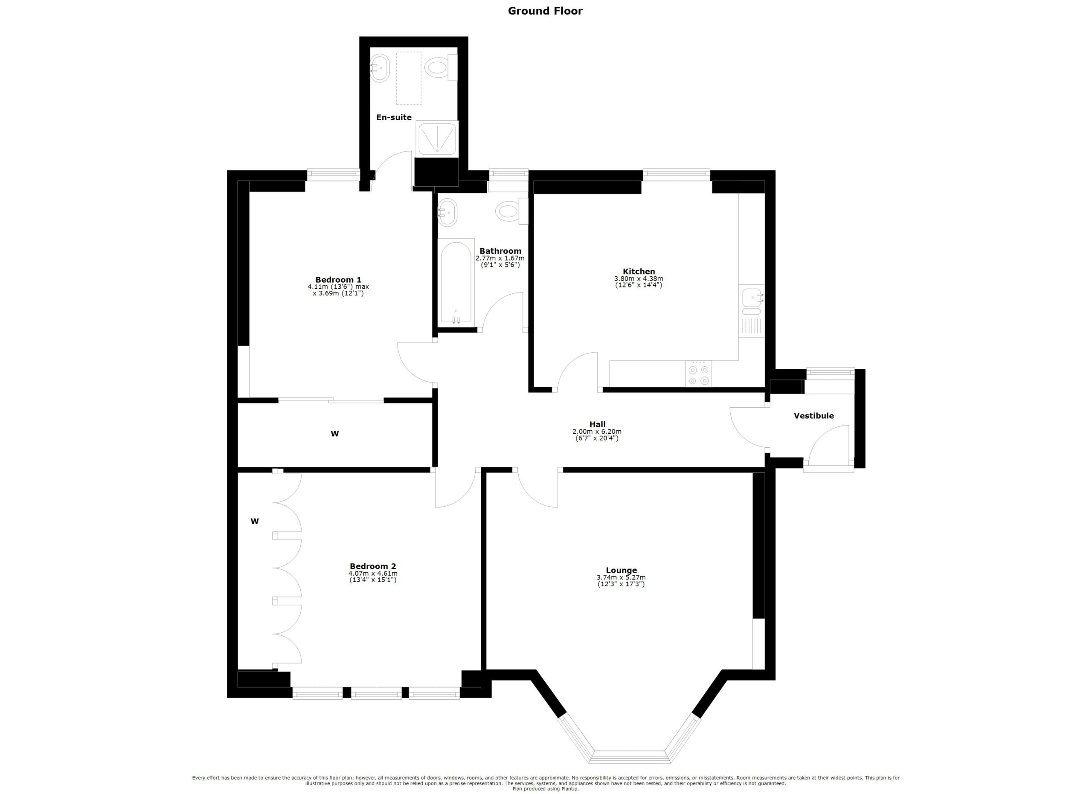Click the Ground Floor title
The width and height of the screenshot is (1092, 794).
(545, 11)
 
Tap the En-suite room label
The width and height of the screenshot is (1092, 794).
(393, 117)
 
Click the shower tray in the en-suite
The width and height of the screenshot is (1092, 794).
(437, 138)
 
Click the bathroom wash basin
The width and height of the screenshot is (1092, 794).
(447, 212)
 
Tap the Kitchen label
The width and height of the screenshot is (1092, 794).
(639, 271)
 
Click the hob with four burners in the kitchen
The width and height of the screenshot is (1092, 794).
(698, 374)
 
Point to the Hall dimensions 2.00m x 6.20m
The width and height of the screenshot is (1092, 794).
(597, 432)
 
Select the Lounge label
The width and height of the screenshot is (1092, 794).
(621, 570)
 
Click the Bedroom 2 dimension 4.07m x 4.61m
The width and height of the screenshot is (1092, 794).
(373, 574)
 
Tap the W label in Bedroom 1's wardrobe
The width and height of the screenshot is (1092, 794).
(334, 434)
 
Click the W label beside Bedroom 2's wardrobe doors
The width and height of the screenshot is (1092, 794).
(255, 521)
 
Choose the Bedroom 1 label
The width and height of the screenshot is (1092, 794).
(338, 280)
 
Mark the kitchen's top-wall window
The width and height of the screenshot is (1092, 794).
(676, 175)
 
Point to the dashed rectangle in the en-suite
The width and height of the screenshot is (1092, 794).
(408, 78)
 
